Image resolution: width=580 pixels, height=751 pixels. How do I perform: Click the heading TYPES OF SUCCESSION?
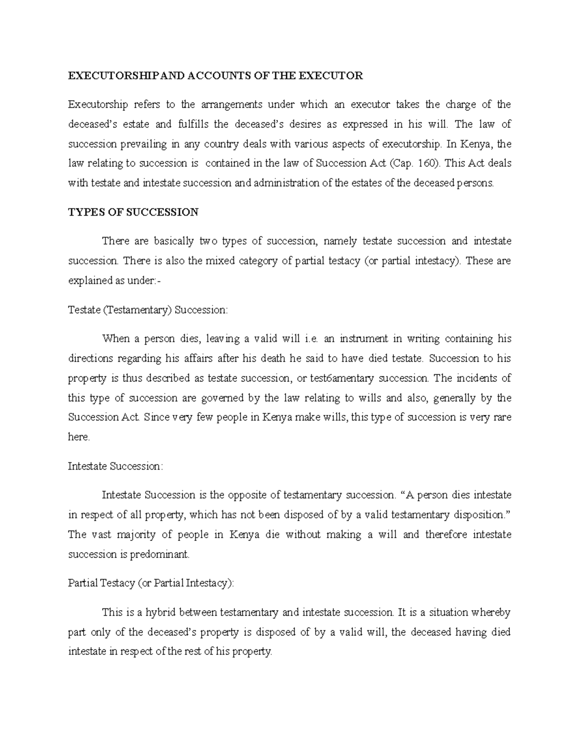(x=133, y=212)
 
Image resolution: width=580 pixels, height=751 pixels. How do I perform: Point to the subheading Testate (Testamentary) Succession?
(x=147, y=309)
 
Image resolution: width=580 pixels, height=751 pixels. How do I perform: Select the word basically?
(x=174, y=241)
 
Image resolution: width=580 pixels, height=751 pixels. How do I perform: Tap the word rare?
(x=502, y=417)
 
